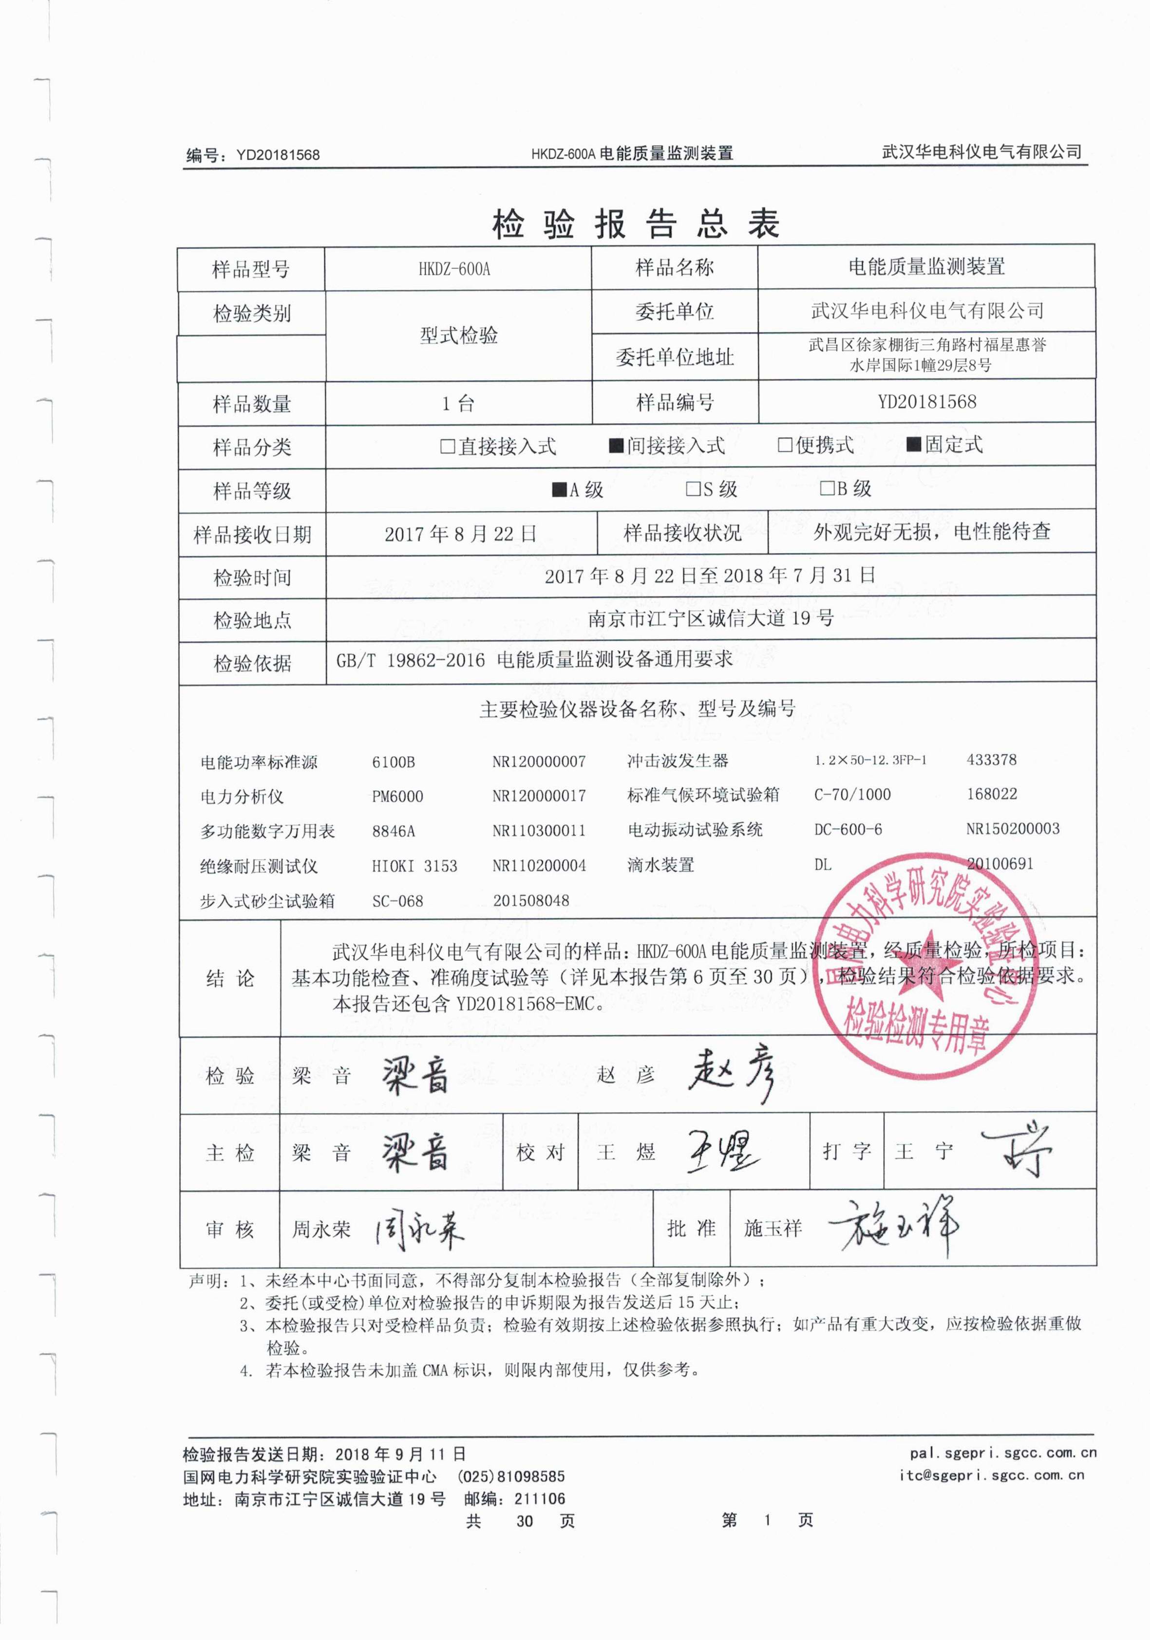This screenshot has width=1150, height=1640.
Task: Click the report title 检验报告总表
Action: (635, 224)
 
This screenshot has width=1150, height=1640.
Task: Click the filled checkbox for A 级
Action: (559, 489)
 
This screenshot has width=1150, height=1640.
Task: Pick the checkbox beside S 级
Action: (692, 489)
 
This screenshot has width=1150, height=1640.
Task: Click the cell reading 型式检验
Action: (458, 335)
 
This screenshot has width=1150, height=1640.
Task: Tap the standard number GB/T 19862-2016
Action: (411, 659)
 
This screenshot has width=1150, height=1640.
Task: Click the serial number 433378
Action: (991, 759)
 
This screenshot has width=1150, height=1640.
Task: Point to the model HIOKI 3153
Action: (415, 866)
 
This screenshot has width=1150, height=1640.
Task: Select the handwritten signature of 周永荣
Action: (420, 1229)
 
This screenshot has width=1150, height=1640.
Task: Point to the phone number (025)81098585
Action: (511, 1476)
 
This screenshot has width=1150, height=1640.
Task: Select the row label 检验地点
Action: (252, 620)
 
